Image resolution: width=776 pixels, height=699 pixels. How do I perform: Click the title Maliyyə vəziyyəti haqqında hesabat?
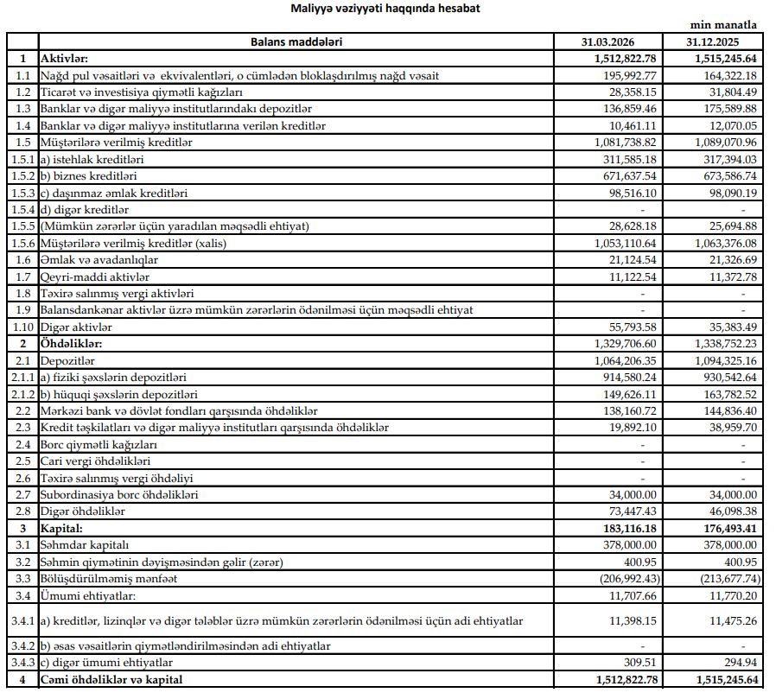click(x=375, y=9)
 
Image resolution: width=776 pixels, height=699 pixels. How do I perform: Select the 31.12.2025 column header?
click(x=713, y=41)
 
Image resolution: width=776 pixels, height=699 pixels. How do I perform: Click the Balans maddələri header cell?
click(x=296, y=41)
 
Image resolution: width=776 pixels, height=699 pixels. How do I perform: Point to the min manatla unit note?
click(x=722, y=27)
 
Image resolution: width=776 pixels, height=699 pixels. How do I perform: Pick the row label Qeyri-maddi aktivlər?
click(x=95, y=276)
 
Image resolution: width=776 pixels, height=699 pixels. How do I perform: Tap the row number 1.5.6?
click(x=22, y=244)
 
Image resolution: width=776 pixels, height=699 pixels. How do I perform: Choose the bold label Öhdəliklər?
click(x=73, y=344)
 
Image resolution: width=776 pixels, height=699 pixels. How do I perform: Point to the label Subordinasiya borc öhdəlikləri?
click(x=119, y=494)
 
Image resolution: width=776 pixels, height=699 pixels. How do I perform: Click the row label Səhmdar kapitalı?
click(x=84, y=544)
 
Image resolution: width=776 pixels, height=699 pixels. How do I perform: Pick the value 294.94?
click(x=739, y=663)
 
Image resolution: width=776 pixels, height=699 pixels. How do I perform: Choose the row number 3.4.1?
click(x=22, y=620)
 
